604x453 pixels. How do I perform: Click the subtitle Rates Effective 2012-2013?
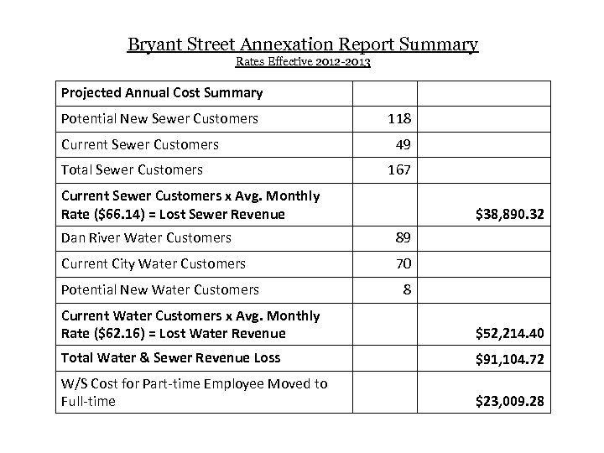[302, 61]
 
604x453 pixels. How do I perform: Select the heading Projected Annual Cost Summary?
[162, 92]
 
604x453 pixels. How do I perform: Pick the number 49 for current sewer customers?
[401, 144]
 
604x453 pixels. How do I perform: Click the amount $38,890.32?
[509, 215]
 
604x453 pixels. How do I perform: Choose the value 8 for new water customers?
[406, 289]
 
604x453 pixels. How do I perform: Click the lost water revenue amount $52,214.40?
[509, 334]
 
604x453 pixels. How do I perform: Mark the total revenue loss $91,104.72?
[509, 358]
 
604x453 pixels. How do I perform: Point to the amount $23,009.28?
[509, 402]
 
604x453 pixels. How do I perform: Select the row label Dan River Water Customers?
[146, 238]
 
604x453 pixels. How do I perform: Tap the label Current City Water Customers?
[154, 263]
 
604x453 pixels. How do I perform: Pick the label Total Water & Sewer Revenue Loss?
[170, 358]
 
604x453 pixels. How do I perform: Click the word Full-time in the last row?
[88, 402]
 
